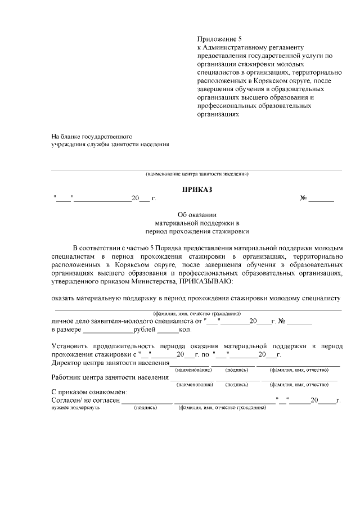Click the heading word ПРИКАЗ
click(197, 190)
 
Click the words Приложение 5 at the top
click(219, 39)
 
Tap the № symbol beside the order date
click(303, 199)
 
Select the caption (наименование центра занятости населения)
click(197, 174)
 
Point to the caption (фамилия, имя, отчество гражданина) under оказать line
click(197, 313)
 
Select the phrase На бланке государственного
click(92, 137)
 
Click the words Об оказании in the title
click(197, 214)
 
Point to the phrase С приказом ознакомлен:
click(89, 391)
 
